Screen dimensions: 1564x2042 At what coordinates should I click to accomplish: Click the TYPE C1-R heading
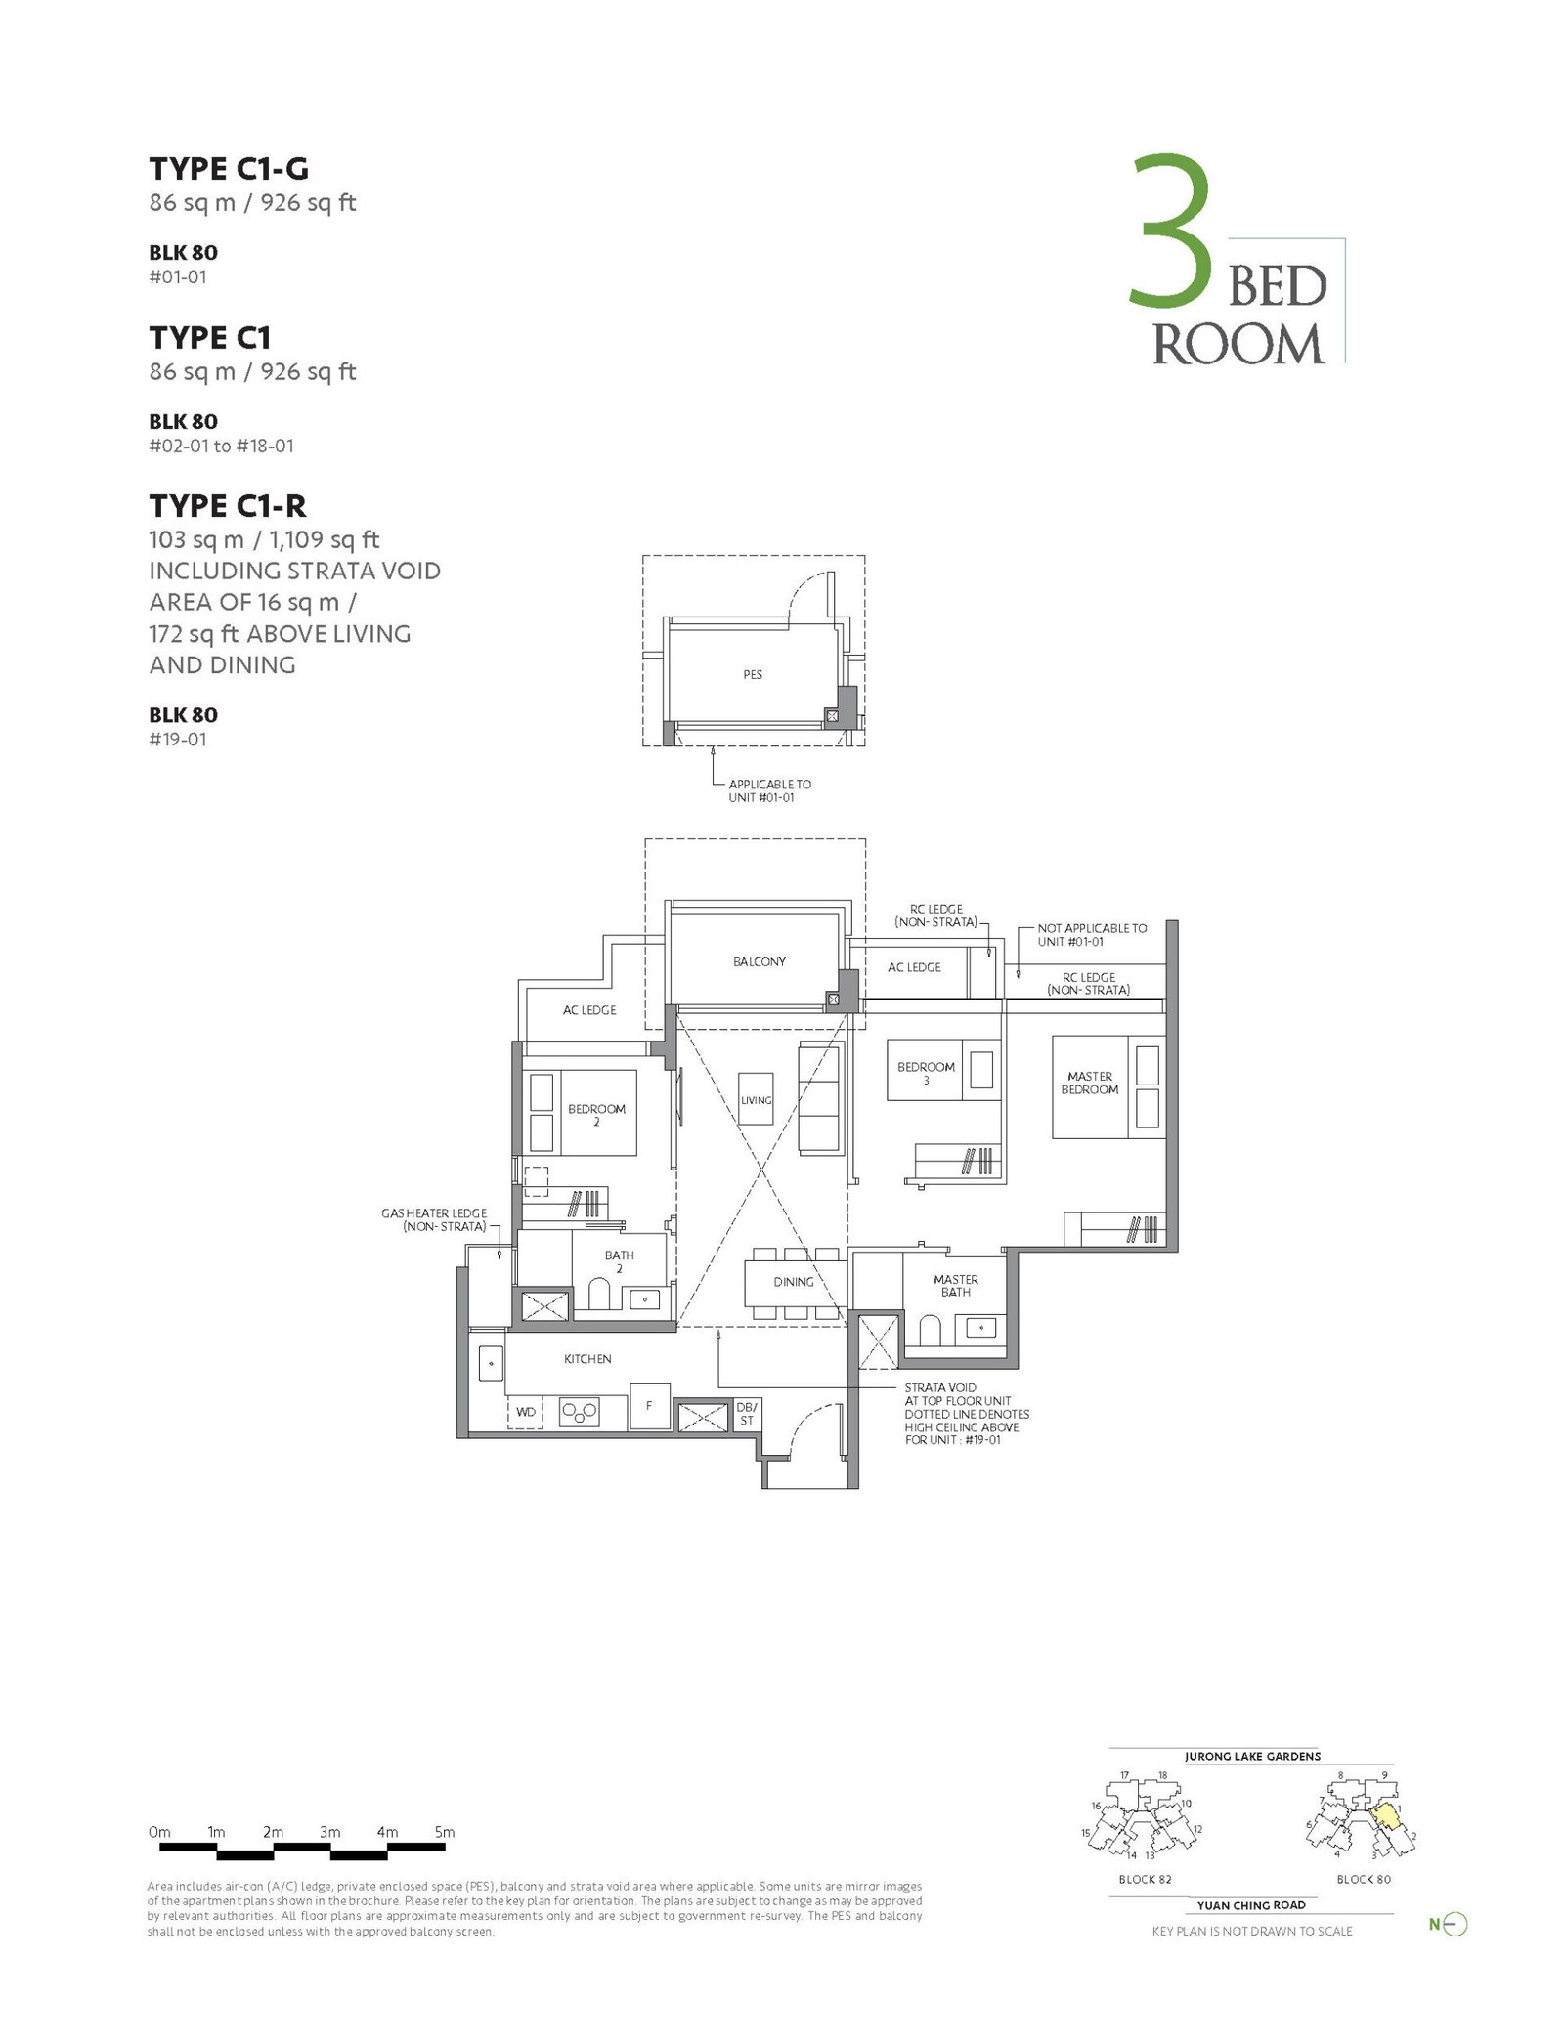(228, 506)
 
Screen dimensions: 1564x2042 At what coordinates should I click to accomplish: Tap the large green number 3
(1172, 231)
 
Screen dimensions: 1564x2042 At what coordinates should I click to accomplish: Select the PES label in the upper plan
(753, 674)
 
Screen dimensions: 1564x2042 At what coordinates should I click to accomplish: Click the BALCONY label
(760, 961)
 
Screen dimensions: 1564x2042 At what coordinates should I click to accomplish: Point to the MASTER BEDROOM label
(1090, 1083)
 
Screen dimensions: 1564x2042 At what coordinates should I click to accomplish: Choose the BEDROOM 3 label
(926, 1073)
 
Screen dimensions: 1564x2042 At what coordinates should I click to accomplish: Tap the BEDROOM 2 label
(596, 1115)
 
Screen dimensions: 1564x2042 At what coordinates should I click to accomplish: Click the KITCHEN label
(587, 1359)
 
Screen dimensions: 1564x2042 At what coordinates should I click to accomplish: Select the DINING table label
(794, 1282)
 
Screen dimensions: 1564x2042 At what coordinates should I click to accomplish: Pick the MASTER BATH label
(956, 1285)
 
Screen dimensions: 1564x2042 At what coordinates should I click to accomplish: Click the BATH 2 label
(619, 1261)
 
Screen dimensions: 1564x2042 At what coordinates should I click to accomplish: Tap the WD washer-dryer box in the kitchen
(526, 1411)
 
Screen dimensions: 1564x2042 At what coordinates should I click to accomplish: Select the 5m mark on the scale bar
(445, 1832)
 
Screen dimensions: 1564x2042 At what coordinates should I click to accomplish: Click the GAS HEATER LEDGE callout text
(434, 1219)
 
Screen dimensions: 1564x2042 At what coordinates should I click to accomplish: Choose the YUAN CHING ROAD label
(1251, 1905)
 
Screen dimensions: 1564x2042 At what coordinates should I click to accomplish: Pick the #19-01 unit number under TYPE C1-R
(178, 740)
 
